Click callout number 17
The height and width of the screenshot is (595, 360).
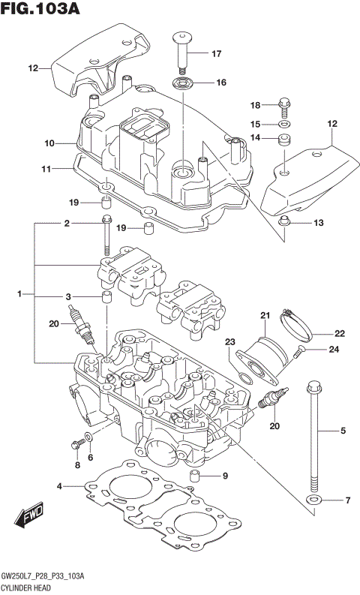(x=217, y=53)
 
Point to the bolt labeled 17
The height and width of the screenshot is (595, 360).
(x=182, y=50)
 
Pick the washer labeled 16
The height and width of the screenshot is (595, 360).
(x=183, y=82)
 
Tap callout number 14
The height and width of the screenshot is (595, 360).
(x=255, y=138)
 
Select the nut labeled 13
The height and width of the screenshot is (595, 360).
(x=284, y=222)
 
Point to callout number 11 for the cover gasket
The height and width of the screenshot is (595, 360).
(x=46, y=170)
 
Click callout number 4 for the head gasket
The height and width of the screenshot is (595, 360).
(x=60, y=487)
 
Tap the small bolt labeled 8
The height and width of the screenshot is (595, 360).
(x=75, y=445)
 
